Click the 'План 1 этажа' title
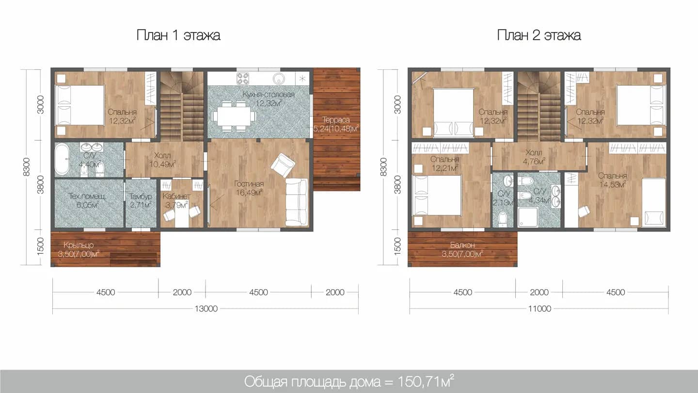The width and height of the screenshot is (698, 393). [178, 35]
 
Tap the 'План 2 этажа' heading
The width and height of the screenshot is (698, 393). [539, 35]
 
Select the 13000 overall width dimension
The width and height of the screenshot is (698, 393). [206, 309]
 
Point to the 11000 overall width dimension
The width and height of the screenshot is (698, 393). [539, 309]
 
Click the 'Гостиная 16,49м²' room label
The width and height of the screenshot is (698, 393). [249, 188]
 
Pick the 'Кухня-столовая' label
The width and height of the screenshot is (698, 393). [269, 94]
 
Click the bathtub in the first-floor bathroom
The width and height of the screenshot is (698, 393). [62, 160]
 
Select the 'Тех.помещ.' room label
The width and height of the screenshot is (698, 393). [88, 196]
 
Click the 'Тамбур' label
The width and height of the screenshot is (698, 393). [141, 196]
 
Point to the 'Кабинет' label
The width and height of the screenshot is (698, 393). [176, 196]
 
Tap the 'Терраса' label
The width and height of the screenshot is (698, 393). [336, 120]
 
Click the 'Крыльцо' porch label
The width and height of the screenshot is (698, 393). [79, 245]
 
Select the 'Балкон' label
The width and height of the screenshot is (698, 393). [462, 245]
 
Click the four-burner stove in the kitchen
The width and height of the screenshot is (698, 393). [243, 78]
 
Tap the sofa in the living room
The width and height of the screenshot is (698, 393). [296, 202]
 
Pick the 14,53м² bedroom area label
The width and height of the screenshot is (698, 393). [613, 185]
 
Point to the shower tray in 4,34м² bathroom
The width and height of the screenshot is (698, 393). [528, 217]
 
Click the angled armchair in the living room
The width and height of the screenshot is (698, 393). [283, 165]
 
